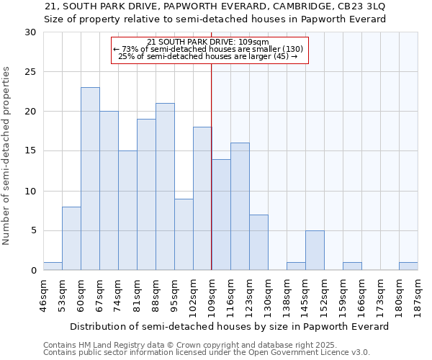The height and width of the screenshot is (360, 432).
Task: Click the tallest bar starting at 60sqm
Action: (x=90, y=179)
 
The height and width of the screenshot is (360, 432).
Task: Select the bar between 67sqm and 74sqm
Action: (x=109, y=191)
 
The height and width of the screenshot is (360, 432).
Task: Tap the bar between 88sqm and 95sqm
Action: (x=165, y=186)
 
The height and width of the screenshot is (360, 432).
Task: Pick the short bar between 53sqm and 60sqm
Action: (x=71, y=238)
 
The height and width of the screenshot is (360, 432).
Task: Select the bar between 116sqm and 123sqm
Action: (x=240, y=207)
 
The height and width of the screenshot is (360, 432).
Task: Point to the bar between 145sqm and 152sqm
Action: (x=315, y=250)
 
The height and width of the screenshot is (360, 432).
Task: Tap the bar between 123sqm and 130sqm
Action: (x=258, y=242)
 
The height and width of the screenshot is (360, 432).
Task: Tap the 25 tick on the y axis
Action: (x=31, y=72)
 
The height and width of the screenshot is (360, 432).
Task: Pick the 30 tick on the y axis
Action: (x=31, y=32)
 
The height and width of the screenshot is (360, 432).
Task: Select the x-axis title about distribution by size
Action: (x=230, y=326)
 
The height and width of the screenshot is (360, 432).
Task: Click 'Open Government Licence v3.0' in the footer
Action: (x=308, y=353)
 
